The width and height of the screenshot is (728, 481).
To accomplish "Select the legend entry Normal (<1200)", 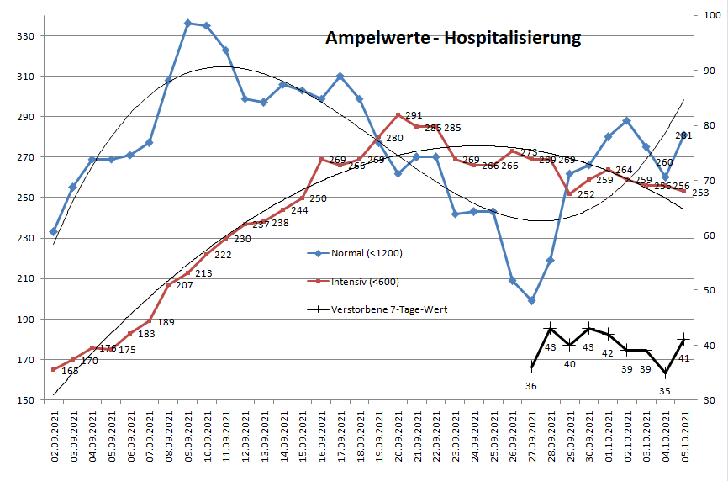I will click(366, 252).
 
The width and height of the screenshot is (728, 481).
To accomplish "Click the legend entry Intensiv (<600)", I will click(366, 281).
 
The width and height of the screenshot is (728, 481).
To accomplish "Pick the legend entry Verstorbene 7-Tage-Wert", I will click(389, 309).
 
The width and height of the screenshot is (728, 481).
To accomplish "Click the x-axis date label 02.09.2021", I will click(54, 435).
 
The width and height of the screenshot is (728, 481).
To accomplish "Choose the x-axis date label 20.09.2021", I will click(398, 435).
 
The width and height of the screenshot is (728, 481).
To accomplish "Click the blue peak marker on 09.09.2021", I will click(188, 23).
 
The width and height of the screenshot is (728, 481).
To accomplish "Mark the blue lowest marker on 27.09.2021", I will click(531, 300).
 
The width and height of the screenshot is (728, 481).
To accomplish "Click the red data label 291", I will click(414, 116).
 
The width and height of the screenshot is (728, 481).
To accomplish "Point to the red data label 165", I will click(70, 371).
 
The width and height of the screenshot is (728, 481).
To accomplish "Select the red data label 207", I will click(185, 286).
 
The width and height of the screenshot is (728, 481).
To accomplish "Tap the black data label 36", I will click(530, 386).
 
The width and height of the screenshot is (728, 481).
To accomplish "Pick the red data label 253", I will click(700, 193).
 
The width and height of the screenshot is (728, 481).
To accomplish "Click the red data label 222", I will click(223, 255).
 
